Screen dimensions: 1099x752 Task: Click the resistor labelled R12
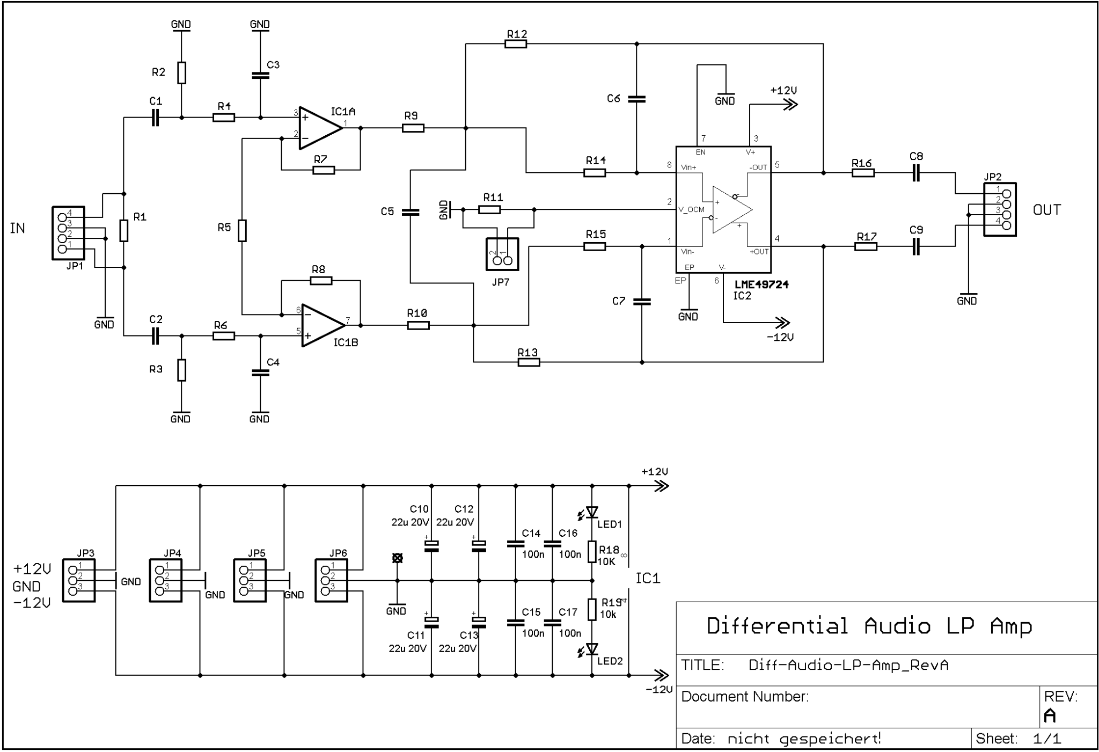tap(516, 43)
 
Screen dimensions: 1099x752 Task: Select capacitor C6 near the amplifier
tap(636, 99)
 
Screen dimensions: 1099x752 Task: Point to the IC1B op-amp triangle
tap(323, 325)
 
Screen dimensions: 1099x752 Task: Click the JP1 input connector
tap(68, 233)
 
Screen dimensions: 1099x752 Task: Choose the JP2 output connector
tap(1000, 209)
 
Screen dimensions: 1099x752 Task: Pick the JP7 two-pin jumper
tap(502, 254)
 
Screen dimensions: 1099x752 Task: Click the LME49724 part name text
tap(761, 284)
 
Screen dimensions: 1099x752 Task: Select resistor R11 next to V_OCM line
tap(489, 209)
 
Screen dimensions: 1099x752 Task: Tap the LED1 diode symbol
tap(592, 512)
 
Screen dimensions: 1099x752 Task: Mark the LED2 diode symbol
tap(592, 649)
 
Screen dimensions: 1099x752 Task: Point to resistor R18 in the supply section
tap(592, 552)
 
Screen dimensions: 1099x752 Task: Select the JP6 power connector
tap(331, 580)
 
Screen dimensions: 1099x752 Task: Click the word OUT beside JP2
tap(1046, 210)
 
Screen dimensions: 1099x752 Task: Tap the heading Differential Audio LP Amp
tap(869, 626)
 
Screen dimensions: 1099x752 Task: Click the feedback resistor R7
tap(324, 170)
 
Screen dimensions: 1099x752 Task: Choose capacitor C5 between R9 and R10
tap(410, 212)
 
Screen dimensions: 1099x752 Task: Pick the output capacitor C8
tap(917, 173)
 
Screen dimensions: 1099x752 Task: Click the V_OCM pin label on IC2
tap(692, 210)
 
